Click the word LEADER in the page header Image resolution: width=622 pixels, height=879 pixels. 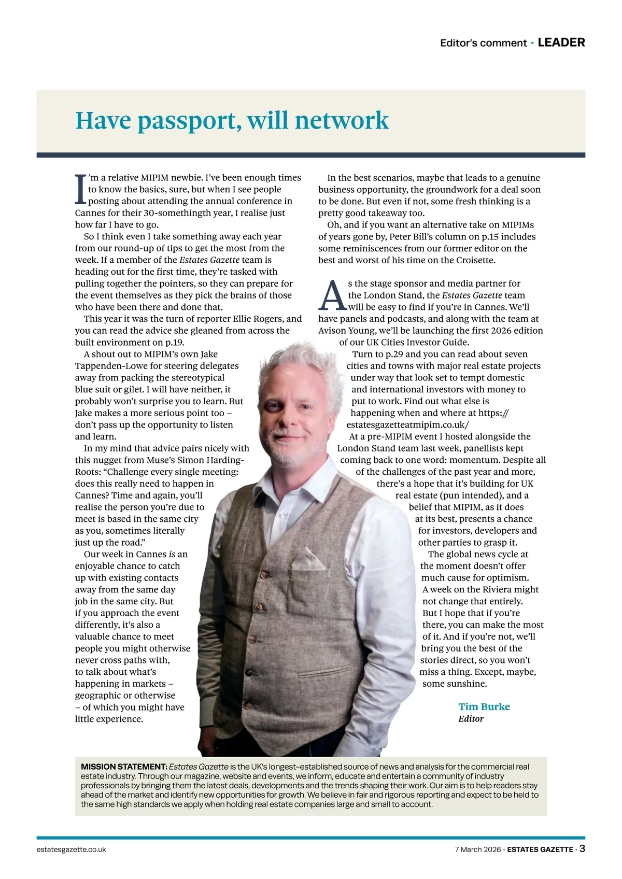[561, 42]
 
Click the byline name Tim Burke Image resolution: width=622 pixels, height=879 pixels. [484, 706]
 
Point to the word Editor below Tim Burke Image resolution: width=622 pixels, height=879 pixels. [471, 719]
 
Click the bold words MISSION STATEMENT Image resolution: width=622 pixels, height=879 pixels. [123, 767]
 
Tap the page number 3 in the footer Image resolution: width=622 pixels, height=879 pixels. [582, 849]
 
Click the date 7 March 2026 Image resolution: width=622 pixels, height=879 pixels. [477, 849]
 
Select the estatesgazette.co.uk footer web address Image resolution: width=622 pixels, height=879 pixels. [72, 849]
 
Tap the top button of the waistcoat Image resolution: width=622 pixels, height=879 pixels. [263, 576]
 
